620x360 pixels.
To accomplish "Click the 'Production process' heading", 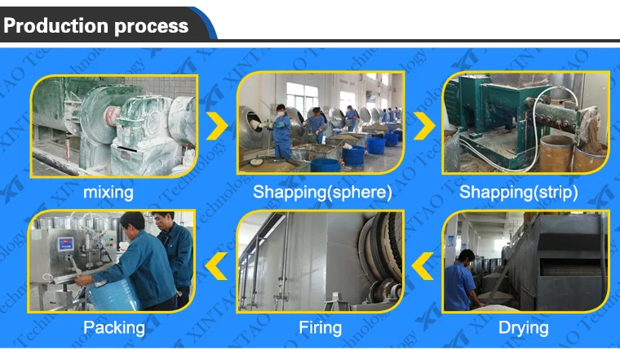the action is (96, 25).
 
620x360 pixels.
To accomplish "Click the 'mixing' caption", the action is (108, 193).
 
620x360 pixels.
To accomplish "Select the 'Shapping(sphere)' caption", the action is (322, 193).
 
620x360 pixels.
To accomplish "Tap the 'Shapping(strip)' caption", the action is (519, 193).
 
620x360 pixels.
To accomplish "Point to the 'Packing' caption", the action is (113, 327).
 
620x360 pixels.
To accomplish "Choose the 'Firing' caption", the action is (320, 327).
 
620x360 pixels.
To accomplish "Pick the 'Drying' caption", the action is (524, 327).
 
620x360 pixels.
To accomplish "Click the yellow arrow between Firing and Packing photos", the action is (217, 263).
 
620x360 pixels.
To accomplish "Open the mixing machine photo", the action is (114, 124).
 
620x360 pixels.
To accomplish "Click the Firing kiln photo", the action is (320, 261).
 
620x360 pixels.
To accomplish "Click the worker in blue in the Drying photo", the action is (462, 282).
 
